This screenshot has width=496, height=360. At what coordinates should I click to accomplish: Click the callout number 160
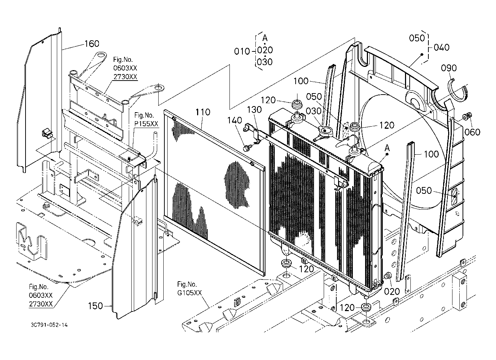click(x=92, y=44)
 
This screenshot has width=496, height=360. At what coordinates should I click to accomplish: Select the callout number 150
click(x=95, y=306)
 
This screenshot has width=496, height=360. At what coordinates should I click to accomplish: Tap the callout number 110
click(x=203, y=112)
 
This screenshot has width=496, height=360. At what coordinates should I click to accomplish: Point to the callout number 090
click(x=449, y=68)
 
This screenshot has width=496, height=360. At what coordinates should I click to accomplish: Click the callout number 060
click(x=472, y=132)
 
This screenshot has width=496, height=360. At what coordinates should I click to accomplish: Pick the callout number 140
click(x=235, y=120)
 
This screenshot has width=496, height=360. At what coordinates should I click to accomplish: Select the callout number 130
click(x=254, y=109)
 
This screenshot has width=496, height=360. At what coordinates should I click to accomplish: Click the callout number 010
click(x=242, y=51)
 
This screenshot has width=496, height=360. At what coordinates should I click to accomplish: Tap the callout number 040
click(x=442, y=47)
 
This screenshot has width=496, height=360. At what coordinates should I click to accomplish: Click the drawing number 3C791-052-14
click(x=49, y=325)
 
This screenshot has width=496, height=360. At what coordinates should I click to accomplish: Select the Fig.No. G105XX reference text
click(x=190, y=288)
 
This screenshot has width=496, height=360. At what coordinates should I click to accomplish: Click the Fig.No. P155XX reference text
click(x=146, y=119)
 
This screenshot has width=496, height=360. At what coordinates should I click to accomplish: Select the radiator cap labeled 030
click(x=325, y=131)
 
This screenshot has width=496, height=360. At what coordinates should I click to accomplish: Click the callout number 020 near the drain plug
click(x=392, y=292)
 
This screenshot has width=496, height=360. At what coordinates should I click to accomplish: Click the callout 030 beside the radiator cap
click(x=314, y=111)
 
